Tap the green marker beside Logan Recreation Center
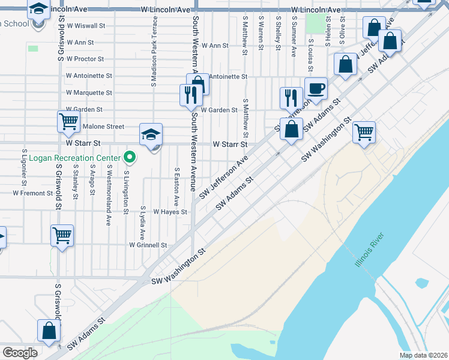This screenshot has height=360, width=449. coord(129,158)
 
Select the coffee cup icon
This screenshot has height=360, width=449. coord(316,89)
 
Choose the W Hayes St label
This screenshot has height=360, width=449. coord(170,212)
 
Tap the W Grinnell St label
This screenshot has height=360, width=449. coord(148,245)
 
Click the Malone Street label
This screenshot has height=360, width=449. coord(103,127)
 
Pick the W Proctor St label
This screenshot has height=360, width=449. coord(85,59)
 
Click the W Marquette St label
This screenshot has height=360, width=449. coord(89,93)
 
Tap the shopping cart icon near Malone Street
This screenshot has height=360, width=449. coord(68,122)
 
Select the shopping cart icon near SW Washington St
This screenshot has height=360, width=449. coord(364,132)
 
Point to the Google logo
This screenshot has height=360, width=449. coord(20,353)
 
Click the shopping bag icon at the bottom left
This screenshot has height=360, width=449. coord(49,331)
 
